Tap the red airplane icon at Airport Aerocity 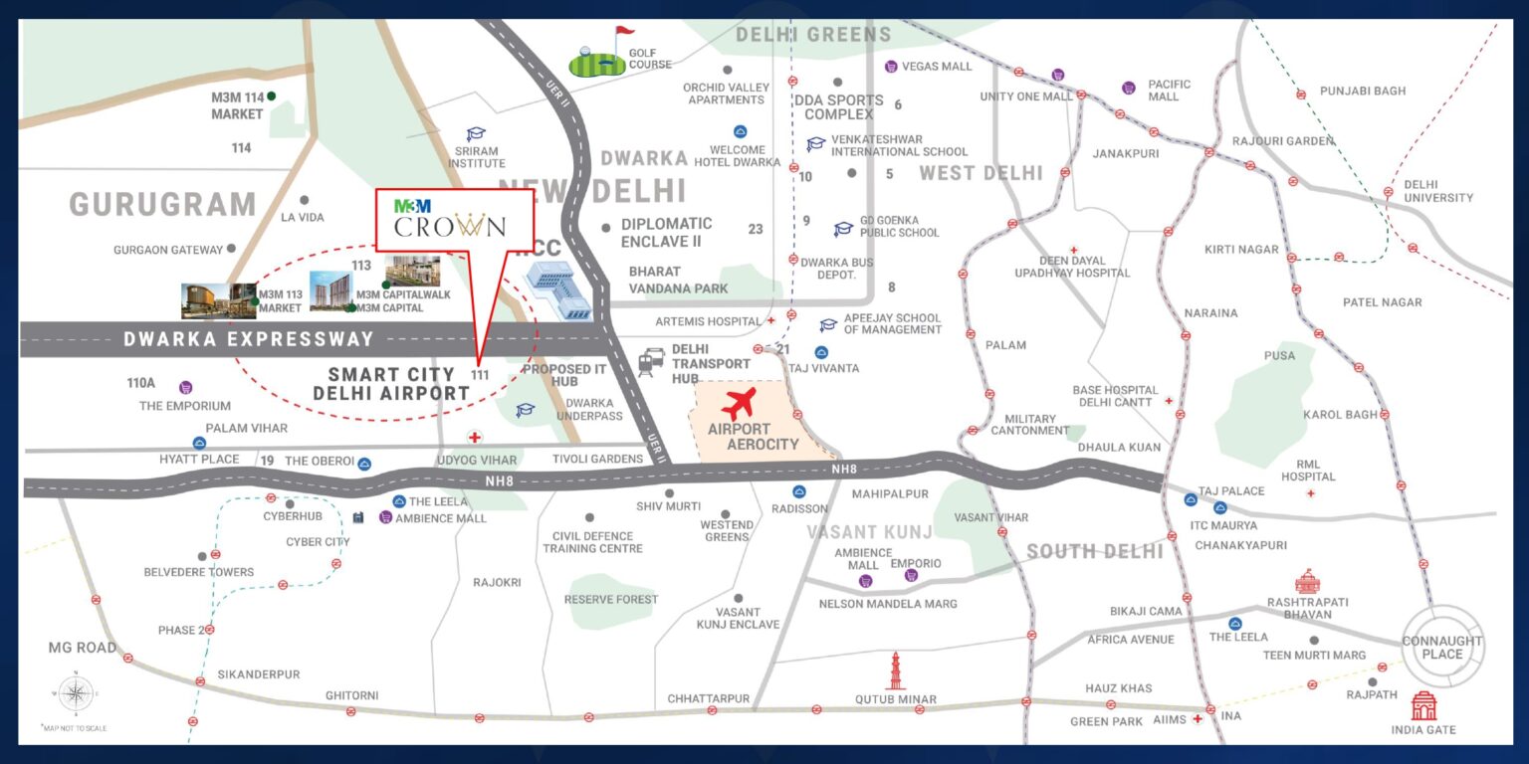click(737, 405)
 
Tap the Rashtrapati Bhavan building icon click(1306, 581)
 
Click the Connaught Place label click(1441, 648)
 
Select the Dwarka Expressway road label click(249, 339)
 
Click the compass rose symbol click(75, 694)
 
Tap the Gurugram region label click(163, 205)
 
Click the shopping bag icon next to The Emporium click(185, 387)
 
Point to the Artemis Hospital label click(708, 321)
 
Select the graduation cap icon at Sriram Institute click(476, 134)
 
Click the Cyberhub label click(293, 516)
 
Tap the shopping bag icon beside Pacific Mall click(1128, 88)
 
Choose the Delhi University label click(1438, 191)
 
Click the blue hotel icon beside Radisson click(798, 491)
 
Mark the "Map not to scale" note click(75, 728)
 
